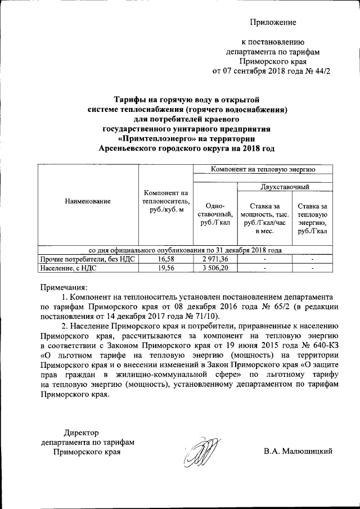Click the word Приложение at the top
pos(273,22)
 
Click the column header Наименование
pos(87,200)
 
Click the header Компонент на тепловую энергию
pos(263,169)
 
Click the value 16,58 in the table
pos(165,259)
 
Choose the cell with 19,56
pos(165,269)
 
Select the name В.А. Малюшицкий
pos(298,451)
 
